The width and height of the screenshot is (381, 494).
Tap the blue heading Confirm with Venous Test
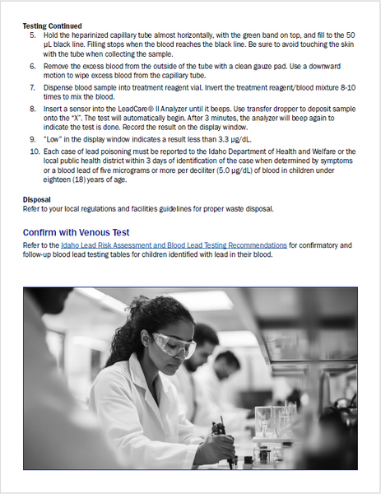(76, 232)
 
